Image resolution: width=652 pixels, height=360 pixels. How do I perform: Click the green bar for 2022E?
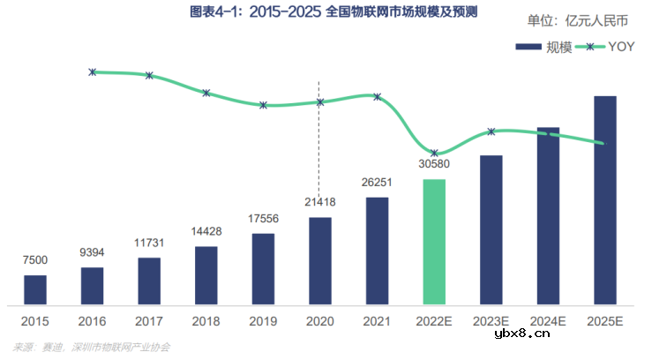pos(434,242)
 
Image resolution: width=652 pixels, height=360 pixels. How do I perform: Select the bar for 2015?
pos(35,289)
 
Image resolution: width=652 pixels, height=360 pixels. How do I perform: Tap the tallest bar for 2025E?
pos(604,200)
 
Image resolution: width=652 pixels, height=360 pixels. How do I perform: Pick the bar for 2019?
pos(263,268)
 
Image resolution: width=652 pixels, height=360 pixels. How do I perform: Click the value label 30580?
pos(434,163)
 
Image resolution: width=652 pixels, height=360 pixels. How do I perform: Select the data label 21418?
pos(319,201)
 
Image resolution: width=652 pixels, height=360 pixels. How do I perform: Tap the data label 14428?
pos(206,231)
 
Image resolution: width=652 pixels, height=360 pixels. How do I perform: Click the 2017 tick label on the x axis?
pos(149,321)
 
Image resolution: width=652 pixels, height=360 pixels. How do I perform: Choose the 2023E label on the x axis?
pos(491,321)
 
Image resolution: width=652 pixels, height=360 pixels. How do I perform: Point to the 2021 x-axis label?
pos(377,321)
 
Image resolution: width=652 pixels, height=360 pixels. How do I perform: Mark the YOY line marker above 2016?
pos(93,71)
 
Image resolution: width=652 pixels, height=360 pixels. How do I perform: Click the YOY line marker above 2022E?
pos(434,154)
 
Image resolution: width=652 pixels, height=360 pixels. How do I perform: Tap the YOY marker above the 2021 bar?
pos(377,96)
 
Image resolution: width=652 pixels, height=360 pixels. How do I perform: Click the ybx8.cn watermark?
pos(521,333)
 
